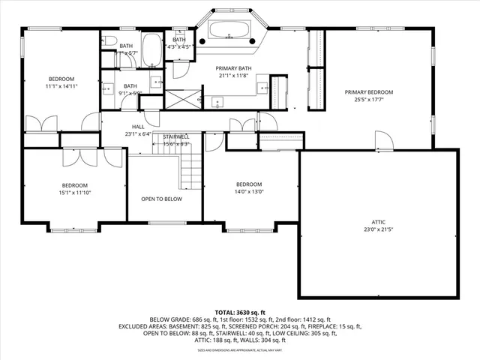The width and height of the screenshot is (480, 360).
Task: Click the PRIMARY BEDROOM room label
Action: click(x=369, y=92)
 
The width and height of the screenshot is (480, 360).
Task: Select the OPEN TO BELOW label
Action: click(x=162, y=199)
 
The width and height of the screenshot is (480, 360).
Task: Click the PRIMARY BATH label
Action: click(x=234, y=68)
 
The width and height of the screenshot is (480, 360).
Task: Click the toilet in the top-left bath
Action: click(x=109, y=40)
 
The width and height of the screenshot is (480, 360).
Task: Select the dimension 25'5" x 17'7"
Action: click(x=369, y=100)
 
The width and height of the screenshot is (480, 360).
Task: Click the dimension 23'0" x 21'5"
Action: click(x=379, y=229)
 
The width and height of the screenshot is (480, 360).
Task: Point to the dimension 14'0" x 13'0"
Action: click(x=249, y=192)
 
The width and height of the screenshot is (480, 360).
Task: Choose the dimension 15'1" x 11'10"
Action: click(x=74, y=193)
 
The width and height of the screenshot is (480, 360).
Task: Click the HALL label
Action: click(x=138, y=127)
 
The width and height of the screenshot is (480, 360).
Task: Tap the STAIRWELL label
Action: click(x=176, y=136)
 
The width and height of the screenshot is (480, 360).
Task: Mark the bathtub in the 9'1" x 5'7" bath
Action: click(x=152, y=50)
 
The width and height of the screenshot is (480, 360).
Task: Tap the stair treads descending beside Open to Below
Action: click(x=190, y=169)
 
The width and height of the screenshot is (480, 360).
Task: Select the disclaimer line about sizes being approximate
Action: click(x=239, y=349)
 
